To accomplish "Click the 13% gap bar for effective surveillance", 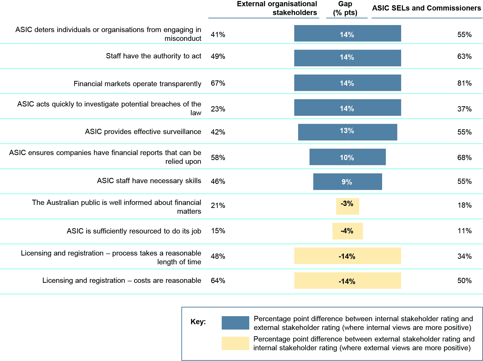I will pyautogui.click(x=347, y=132).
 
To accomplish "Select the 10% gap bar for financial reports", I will pyautogui.click(x=347, y=157).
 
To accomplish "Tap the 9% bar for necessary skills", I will pyautogui.click(x=347, y=182).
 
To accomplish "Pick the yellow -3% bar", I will pyautogui.click(x=347, y=206).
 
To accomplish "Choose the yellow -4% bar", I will pyautogui.click(x=347, y=231).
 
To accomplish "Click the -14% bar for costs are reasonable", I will pyautogui.click(x=347, y=281).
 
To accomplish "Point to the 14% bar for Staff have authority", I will pyautogui.click(x=347, y=58).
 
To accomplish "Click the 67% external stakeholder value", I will pyautogui.click(x=218, y=83).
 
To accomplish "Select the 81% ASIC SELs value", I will pyautogui.click(x=464, y=83).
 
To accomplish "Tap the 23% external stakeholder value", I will pyautogui.click(x=218, y=109).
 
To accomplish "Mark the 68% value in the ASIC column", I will pyautogui.click(x=464, y=158).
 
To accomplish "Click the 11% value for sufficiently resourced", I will pyautogui.click(x=464, y=231).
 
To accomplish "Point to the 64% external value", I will pyautogui.click(x=218, y=281).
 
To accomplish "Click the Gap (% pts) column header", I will pyautogui.click(x=345, y=8).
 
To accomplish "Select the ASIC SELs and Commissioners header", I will pyautogui.click(x=426, y=8).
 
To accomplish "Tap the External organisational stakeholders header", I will pyautogui.click(x=277, y=8).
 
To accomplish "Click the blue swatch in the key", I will pyautogui.click(x=235, y=323).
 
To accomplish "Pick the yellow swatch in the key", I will pyautogui.click(x=235, y=343).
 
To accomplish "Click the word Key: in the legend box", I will pyautogui.click(x=198, y=322).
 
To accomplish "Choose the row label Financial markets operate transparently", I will pyautogui.click(x=137, y=84).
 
